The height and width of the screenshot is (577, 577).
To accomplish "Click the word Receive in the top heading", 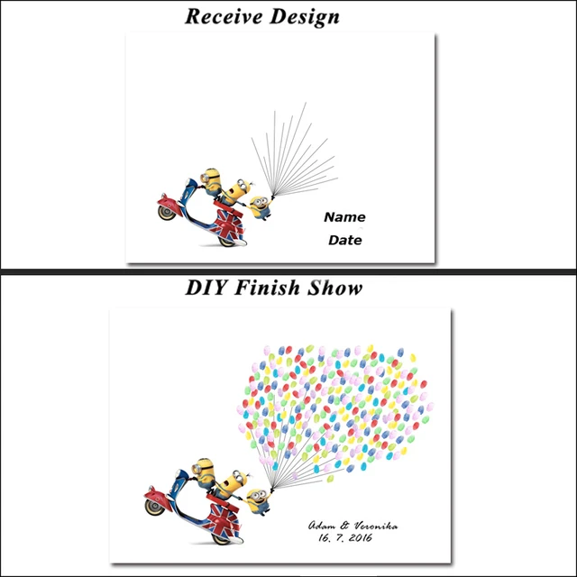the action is (x=224, y=15).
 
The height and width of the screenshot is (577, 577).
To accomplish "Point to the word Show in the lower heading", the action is (x=334, y=288).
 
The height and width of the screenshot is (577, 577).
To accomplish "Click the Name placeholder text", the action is (x=344, y=217).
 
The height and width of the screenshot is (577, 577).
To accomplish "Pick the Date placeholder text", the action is (x=344, y=241).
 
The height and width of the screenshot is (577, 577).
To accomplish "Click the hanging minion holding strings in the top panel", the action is (x=260, y=206).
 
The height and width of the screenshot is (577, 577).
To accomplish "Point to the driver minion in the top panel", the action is (x=211, y=180).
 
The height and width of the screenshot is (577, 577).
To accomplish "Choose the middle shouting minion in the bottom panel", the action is (x=234, y=483).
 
